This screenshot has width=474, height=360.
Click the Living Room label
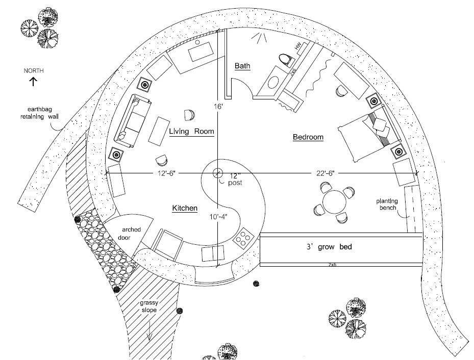click(x=191, y=132)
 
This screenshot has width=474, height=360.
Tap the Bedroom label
click(x=308, y=137)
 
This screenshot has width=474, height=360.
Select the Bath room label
click(x=242, y=66)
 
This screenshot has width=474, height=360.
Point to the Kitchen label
click(x=185, y=208)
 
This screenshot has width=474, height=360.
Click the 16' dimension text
click(x=219, y=107)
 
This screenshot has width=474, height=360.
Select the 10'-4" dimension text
click(x=218, y=216)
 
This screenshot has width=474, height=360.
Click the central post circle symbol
click(x=218, y=173)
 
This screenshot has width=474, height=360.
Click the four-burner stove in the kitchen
click(x=243, y=237)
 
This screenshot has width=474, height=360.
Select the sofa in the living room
click(x=132, y=118)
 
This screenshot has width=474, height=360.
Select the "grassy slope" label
click(x=151, y=306)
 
